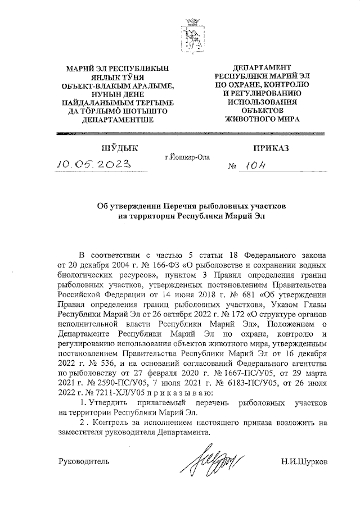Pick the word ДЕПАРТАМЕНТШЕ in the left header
click(117, 119)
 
